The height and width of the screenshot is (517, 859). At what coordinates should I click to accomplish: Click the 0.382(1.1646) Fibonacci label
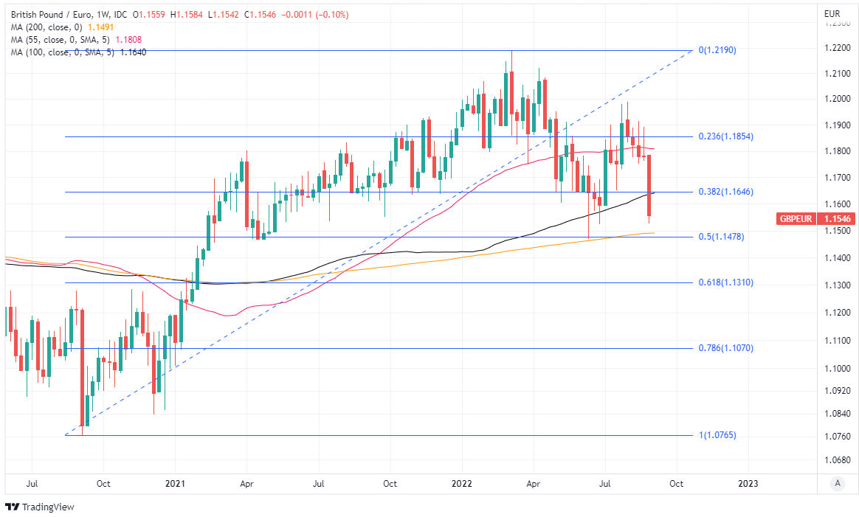725,192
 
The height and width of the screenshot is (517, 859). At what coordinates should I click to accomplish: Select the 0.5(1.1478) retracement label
720,237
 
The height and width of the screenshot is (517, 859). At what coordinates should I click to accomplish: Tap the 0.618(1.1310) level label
725,282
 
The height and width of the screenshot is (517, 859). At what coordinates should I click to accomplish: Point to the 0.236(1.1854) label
725,136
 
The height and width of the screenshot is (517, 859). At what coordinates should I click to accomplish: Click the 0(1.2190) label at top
717,50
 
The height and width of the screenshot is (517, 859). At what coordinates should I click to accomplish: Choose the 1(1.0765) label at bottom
717,435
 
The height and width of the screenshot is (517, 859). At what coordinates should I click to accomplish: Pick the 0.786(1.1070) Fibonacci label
725,348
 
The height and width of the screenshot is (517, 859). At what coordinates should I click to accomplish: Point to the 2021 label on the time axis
175,484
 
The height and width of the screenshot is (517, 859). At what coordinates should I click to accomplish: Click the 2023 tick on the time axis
748,484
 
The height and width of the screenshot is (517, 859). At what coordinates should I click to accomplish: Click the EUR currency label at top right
832,13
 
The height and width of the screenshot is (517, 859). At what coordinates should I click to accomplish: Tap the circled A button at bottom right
837,483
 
